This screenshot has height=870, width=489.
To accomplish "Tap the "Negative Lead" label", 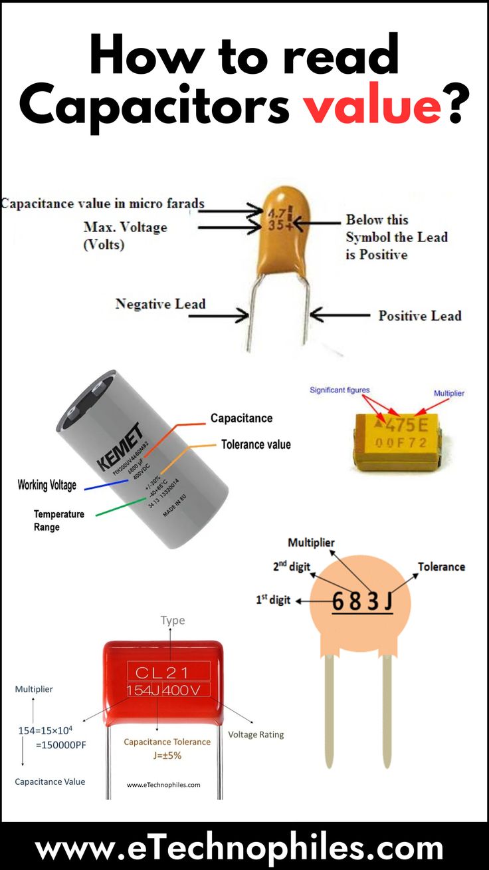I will [160, 304].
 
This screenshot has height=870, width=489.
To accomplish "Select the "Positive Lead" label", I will [419, 315].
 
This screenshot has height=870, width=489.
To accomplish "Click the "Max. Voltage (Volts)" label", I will [125, 235].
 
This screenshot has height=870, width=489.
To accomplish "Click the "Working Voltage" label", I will [47, 485].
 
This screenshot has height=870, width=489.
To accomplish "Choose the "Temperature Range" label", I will [59, 520].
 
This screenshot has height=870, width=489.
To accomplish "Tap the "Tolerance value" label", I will [256, 444].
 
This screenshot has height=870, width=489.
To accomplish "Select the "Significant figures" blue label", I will [340, 390].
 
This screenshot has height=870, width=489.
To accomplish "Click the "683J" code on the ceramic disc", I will [362, 601].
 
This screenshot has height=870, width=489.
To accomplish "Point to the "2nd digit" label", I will [292, 567].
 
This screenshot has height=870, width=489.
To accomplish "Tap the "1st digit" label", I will [273, 600].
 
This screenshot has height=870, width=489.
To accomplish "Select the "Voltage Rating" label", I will [256, 734].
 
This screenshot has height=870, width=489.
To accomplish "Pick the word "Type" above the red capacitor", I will [173, 620].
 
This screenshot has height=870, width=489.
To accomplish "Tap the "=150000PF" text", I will [60, 744].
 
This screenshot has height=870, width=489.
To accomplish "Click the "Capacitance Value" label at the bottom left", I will [50, 782].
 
